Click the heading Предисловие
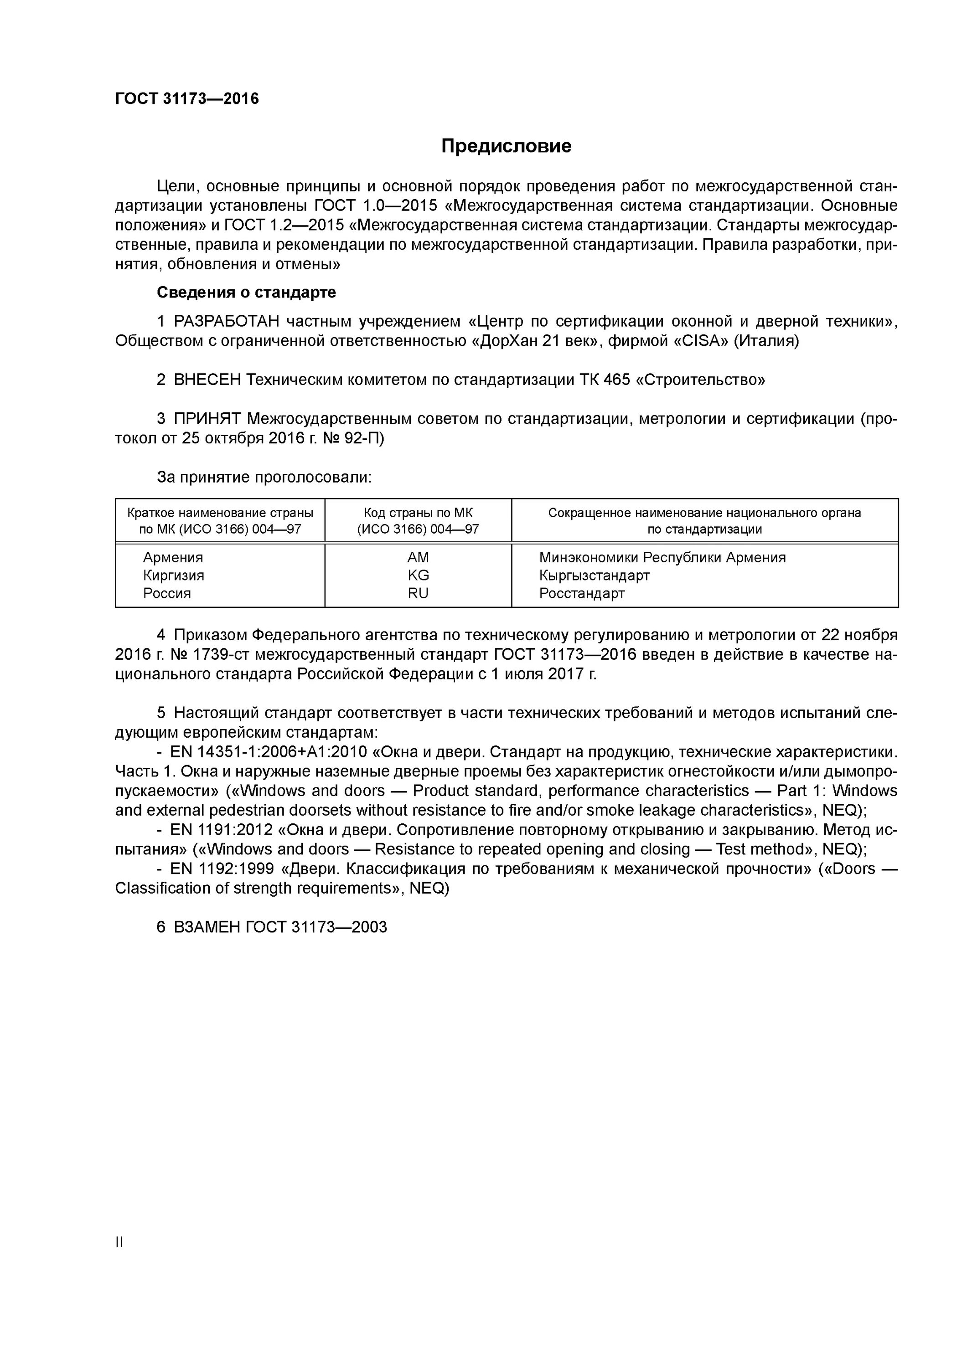click(506, 146)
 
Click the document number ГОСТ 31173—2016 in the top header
click(186, 99)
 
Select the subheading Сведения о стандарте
click(246, 293)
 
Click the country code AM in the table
click(418, 557)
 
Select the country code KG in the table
click(418, 575)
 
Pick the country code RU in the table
click(418, 593)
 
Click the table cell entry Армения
click(173, 557)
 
